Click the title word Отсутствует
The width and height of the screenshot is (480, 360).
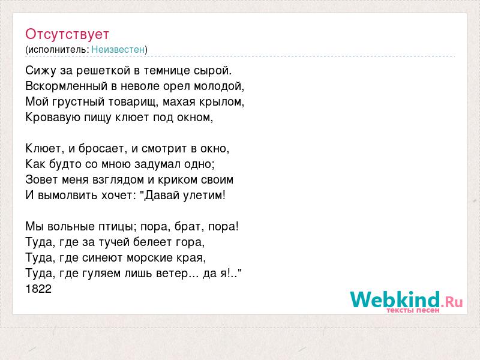(67, 34)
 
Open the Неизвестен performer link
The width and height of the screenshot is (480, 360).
(118, 49)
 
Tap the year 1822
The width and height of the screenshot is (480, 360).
(38, 289)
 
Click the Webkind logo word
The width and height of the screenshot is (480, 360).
(395, 299)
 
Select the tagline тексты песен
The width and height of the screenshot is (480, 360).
(413, 310)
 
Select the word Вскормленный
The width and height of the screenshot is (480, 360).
(67, 86)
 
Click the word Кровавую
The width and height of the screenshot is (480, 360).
(49, 117)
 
